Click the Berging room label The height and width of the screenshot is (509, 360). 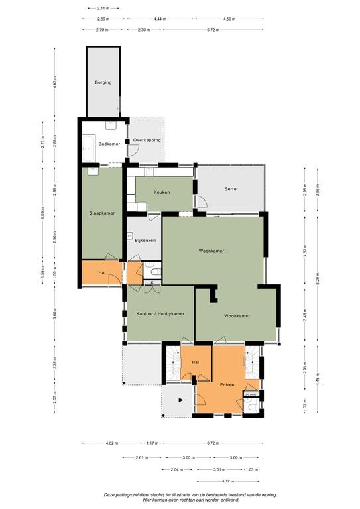point(103,82)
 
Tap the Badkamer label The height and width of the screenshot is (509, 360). point(109,144)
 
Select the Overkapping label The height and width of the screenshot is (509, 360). point(147,140)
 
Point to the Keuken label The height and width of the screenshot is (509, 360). point(162,192)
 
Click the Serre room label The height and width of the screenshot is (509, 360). point(231,189)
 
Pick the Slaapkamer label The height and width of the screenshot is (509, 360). point(102,213)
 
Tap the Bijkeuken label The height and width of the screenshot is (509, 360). point(145,240)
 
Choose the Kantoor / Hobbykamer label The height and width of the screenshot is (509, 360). point(160,314)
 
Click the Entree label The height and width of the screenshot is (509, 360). point(227,384)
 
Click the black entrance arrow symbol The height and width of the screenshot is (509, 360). point(181,400)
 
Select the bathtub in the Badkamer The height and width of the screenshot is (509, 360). point(88,148)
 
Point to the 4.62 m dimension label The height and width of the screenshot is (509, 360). point(54,82)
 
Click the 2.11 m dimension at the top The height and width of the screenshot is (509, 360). point(103,8)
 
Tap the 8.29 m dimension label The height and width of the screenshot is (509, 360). point(318,278)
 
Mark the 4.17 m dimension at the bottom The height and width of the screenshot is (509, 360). point(228,481)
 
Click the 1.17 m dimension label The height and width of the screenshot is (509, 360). point(152,443)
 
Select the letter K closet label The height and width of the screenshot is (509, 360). point(152,283)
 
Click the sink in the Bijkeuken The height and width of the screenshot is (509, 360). point(130,236)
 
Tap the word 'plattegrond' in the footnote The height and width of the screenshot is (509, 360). point(127,495)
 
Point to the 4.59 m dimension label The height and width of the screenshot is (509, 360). point(230,19)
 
